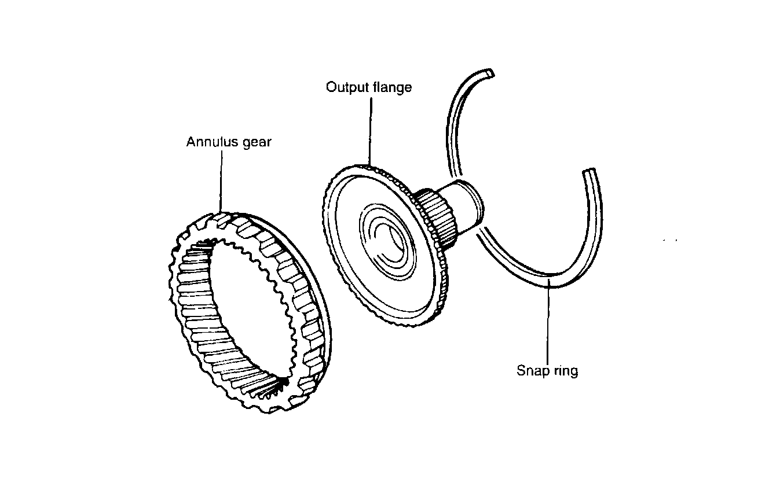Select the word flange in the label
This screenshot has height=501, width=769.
394,87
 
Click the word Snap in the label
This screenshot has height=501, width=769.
531,370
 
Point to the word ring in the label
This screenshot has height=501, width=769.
565,370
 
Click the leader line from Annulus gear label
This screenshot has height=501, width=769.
221,179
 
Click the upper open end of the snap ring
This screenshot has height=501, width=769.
489,73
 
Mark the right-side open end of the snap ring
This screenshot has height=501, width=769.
589,172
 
